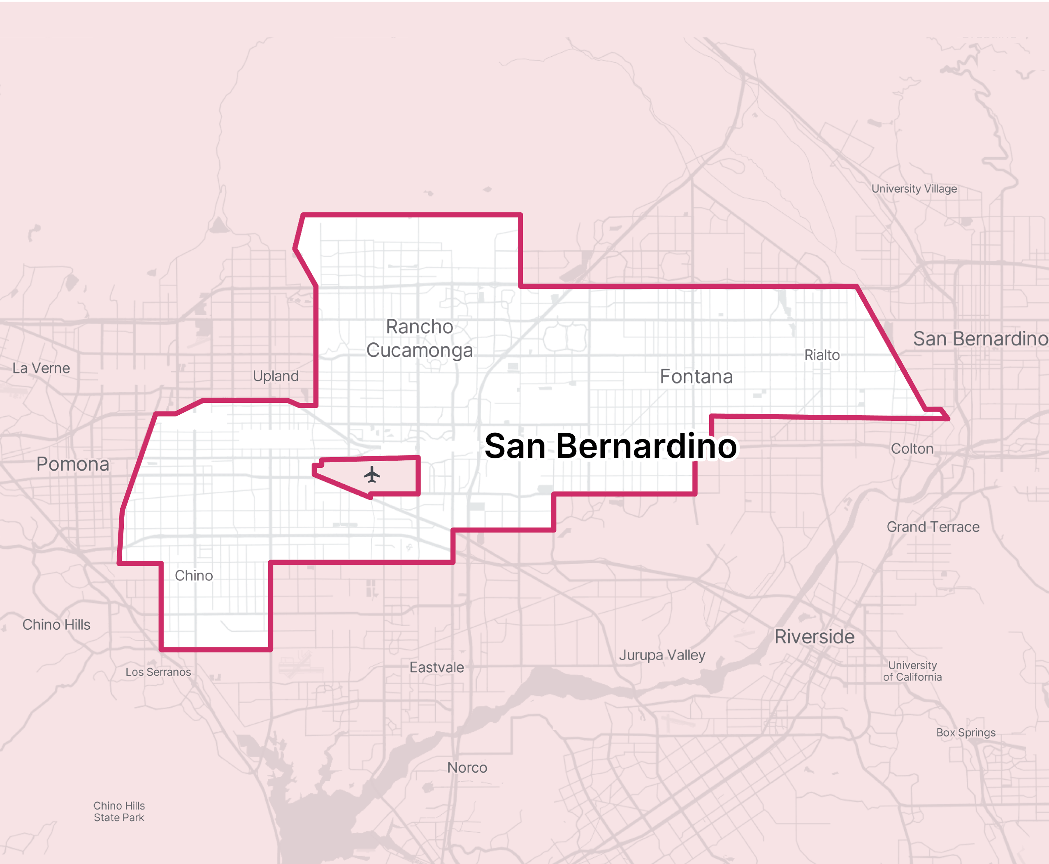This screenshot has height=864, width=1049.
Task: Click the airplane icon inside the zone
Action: pyautogui.click(x=372, y=474)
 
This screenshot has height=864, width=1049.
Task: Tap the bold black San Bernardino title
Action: pyautogui.click(x=610, y=446)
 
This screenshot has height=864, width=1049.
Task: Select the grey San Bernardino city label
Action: pyautogui.click(x=980, y=339)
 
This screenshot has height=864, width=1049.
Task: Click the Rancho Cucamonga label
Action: pyautogui.click(x=420, y=339)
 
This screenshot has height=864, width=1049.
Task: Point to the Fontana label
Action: pyautogui.click(x=696, y=377)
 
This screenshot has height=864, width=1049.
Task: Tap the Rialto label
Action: pyautogui.click(x=822, y=355)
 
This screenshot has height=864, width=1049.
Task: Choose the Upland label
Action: pyautogui.click(x=276, y=376)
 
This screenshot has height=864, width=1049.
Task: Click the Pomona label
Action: pyautogui.click(x=73, y=465)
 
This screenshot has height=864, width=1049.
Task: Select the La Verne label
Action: pyautogui.click(x=41, y=368)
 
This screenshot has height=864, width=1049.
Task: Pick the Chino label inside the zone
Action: pyautogui.click(x=194, y=576)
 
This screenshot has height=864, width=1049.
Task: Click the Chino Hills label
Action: pyautogui.click(x=56, y=625)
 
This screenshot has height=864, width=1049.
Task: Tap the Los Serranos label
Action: pyautogui.click(x=158, y=672)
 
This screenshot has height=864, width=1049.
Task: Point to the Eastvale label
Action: pyautogui.click(x=436, y=667)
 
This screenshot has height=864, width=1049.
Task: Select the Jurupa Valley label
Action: pyautogui.click(x=662, y=655)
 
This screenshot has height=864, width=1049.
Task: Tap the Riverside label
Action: pyautogui.click(x=815, y=637)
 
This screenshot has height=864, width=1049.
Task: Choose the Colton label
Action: pyautogui.click(x=912, y=449)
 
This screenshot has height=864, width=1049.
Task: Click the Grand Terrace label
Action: pyautogui.click(x=933, y=527)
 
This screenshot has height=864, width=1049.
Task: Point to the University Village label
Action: pyautogui.click(x=914, y=189)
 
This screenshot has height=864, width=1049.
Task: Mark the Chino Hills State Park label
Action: pyautogui.click(x=119, y=811)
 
